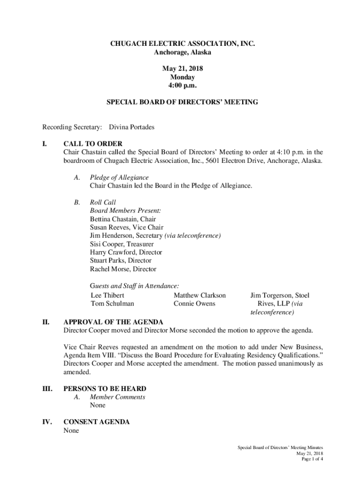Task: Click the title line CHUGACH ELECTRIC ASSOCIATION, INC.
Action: (182, 44)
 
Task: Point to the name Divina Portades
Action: (131, 127)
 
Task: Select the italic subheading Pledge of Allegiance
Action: (119, 177)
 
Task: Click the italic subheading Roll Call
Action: (102, 203)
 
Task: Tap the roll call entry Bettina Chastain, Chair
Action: (123, 219)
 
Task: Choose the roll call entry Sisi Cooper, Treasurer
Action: (122, 244)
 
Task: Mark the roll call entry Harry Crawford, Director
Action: (126, 253)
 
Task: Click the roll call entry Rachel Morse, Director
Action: (123, 269)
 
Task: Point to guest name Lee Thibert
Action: (108, 295)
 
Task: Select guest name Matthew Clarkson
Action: (200, 295)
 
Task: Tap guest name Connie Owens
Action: (194, 304)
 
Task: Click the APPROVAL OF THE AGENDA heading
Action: (113, 322)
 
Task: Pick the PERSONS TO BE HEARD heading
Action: (105, 389)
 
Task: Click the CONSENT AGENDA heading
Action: (96, 422)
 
